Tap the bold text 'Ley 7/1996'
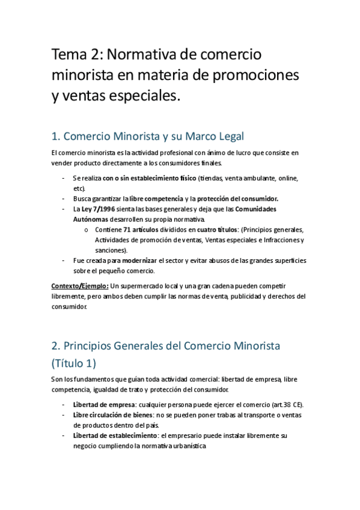[x=97, y=209]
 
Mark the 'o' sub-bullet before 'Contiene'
[x=86, y=230]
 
